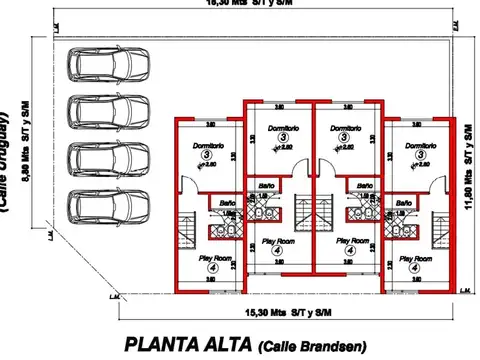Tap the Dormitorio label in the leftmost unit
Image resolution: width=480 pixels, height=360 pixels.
coord(208,146)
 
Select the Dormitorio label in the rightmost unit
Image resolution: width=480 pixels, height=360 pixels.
coord(421,146)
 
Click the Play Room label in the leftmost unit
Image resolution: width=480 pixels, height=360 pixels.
coord(215,258)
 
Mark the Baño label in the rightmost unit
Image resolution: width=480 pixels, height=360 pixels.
coord(403,203)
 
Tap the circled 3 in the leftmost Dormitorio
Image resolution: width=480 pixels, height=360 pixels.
coord(208,156)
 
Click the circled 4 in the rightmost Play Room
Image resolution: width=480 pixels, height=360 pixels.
coord(410,268)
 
